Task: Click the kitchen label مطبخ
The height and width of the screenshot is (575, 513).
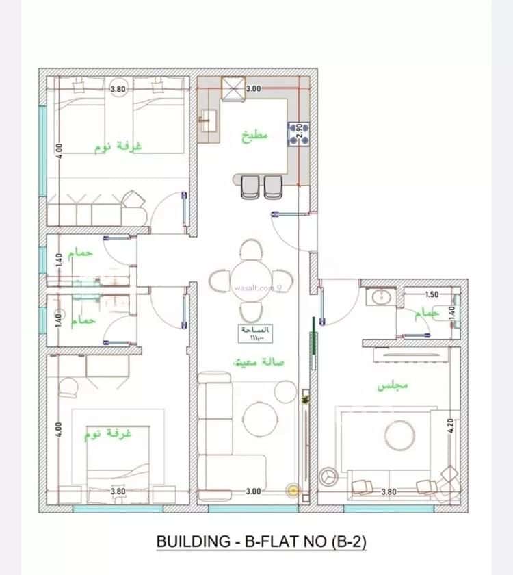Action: (256, 135)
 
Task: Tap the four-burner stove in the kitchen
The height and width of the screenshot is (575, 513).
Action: (298, 133)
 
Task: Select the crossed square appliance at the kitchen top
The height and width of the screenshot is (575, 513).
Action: (233, 88)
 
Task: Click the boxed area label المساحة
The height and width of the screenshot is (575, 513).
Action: (255, 333)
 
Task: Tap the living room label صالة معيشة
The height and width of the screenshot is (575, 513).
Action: (259, 361)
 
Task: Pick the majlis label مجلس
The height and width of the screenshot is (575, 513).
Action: (393, 385)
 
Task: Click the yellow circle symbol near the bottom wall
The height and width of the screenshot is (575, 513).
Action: (294, 490)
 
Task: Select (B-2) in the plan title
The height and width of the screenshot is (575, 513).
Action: (347, 541)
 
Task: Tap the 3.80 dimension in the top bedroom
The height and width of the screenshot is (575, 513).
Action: (118, 88)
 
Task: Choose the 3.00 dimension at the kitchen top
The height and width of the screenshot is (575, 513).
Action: (253, 88)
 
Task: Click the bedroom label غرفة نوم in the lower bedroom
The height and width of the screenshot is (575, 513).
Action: (108, 434)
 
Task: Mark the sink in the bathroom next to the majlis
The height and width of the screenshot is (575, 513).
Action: (378, 297)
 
